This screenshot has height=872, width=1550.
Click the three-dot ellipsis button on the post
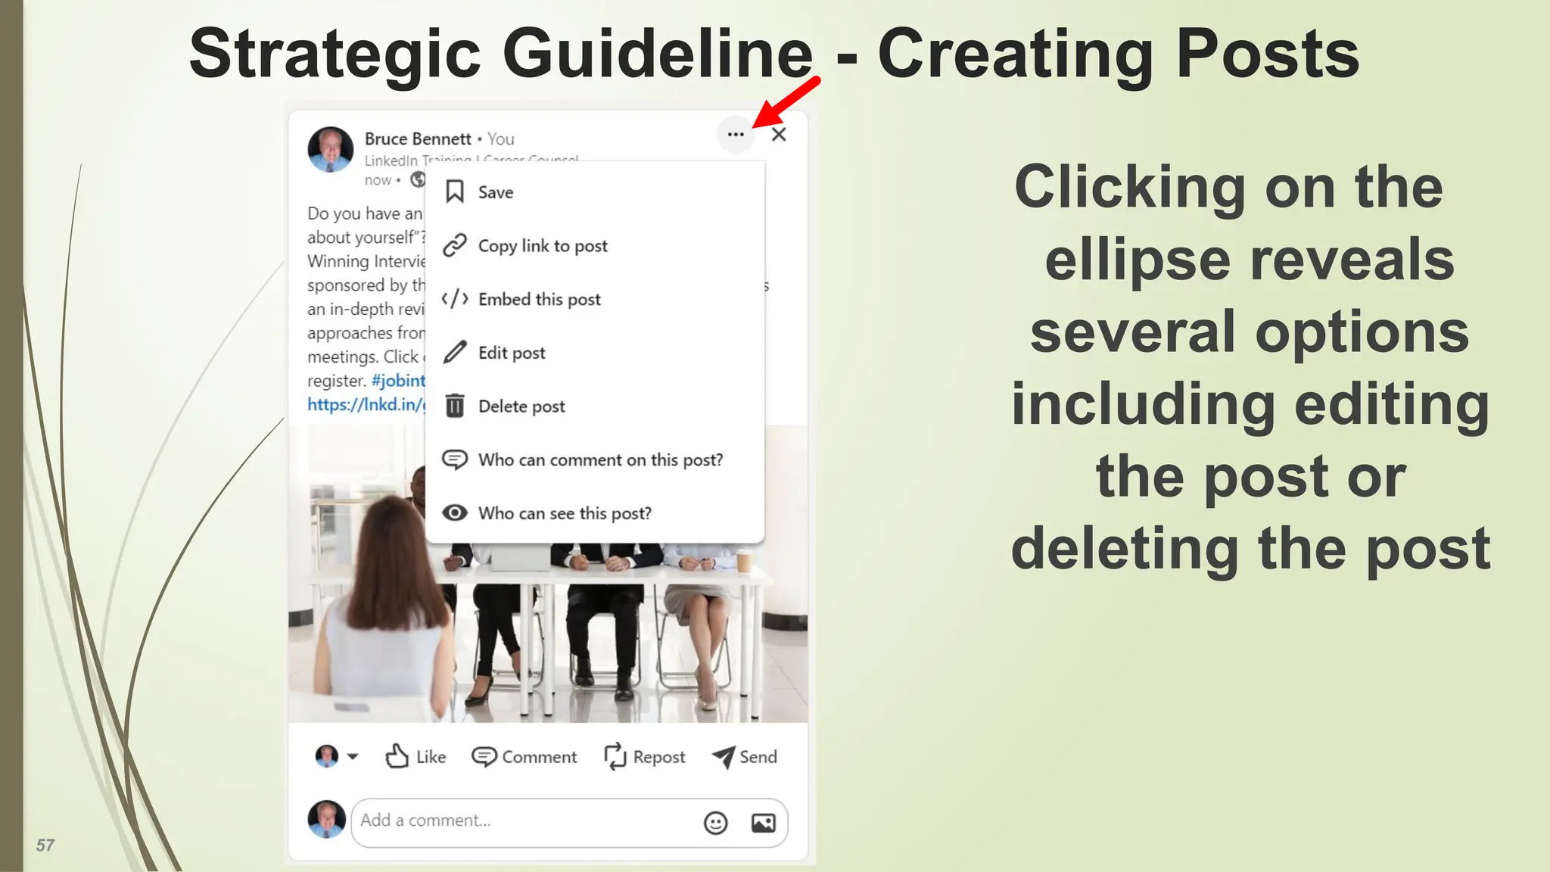coord(736,135)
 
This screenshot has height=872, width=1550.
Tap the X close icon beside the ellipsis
coord(779,135)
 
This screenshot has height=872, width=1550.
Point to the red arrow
coord(787,102)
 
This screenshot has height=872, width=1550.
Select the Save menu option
coord(496,192)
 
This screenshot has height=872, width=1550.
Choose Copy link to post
coord(542,246)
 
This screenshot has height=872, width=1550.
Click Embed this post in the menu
coord(539,300)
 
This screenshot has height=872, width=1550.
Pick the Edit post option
coord(511,353)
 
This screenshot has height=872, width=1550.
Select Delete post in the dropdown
coord(521,406)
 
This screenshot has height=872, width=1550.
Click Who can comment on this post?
coord(599,460)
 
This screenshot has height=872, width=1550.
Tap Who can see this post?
coord(564,513)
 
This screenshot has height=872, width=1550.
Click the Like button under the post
coord(416,756)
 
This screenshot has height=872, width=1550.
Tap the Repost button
coord(645,756)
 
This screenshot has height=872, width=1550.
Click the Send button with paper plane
coord(745,756)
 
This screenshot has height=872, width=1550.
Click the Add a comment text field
coord(522,821)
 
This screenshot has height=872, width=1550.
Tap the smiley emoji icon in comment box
coord(715,823)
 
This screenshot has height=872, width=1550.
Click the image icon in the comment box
coord(763,823)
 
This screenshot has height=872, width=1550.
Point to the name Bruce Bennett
coord(418,139)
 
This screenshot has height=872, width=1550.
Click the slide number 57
coord(45,846)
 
